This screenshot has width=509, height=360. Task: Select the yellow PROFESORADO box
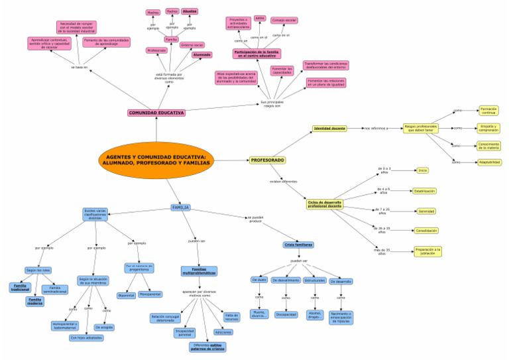(x=268, y=160)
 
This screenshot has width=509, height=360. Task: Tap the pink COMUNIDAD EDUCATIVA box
(x=156, y=113)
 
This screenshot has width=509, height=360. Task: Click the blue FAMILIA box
(x=180, y=208)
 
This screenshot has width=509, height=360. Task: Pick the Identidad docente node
(x=329, y=128)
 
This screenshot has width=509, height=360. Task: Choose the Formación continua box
(x=488, y=110)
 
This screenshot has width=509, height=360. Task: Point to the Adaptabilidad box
(x=489, y=162)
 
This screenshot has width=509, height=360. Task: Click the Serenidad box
(x=426, y=211)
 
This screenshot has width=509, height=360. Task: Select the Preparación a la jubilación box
(x=427, y=251)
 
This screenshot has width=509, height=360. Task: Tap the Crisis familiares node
(x=299, y=245)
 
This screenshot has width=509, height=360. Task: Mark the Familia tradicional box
(x=20, y=288)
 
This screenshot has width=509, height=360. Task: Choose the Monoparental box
(x=150, y=294)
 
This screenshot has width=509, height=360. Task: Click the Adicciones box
(x=223, y=332)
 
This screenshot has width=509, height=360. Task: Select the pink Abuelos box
(x=190, y=11)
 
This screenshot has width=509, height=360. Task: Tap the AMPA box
(x=260, y=19)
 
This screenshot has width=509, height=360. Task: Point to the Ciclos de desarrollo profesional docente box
(x=325, y=204)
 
